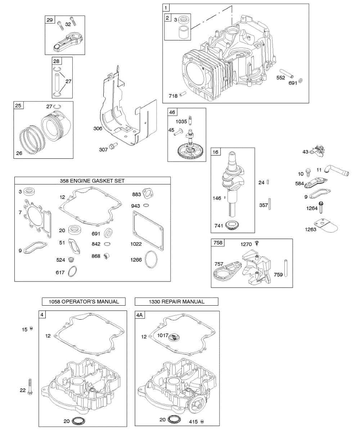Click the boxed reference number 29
[49, 20]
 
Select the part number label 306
[98, 128]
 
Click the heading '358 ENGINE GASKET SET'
[93, 181]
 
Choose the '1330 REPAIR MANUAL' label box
[176, 301]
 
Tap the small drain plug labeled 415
[202, 421]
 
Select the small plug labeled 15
[31, 328]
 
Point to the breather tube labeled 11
[337, 170]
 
